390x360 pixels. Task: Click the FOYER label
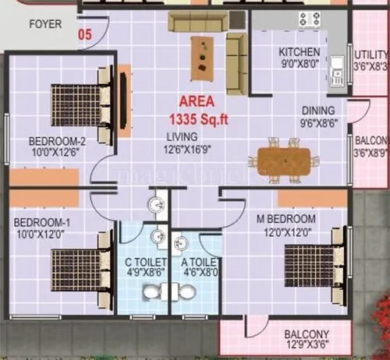click(45, 24)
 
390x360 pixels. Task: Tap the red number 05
click(86, 34)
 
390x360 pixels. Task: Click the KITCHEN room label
click(300, 58)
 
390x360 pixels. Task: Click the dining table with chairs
click(284, 160)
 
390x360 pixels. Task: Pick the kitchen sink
click(337, 69)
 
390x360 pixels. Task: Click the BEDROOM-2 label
click(56, 147)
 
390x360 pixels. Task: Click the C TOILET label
click(145, 267)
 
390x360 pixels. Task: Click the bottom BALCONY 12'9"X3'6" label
click(306, 341)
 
